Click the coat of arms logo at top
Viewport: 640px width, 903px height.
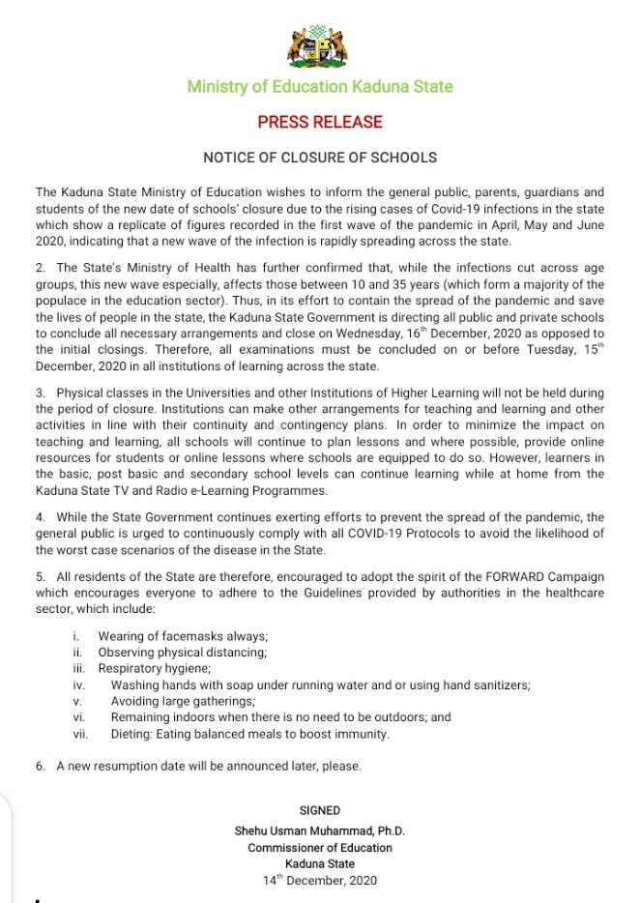[x=320, y=44]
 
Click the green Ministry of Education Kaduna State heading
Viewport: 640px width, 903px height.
[x=320, y=87]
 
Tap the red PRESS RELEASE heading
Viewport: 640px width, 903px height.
[x=320, y=123]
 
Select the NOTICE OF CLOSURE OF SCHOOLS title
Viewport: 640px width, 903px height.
[x=320, y=157]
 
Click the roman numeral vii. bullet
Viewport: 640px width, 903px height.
[x=80, y=734]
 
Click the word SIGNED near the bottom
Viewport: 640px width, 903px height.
[x=320, y=810]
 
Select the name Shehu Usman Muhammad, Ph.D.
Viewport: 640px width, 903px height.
[x=320, y=830]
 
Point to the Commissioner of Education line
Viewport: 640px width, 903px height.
[x=320, y=847]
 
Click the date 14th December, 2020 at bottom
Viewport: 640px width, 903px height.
[x=320, y=881]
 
